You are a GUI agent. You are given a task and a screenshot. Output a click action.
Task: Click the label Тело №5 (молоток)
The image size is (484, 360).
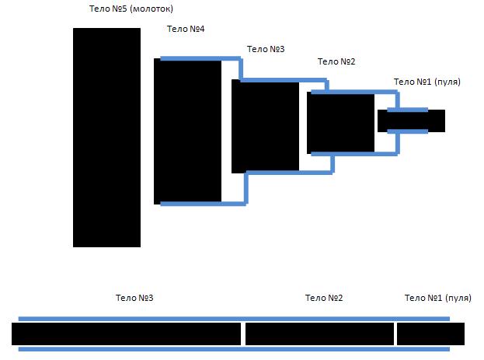(x=131, y=9)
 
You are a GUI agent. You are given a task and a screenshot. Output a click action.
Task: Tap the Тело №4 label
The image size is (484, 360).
(x=186, y=29)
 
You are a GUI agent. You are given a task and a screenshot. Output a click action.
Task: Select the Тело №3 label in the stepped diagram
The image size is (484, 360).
(x=266, y=49)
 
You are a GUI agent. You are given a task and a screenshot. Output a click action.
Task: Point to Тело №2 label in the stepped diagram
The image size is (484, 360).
(x=336, y=61)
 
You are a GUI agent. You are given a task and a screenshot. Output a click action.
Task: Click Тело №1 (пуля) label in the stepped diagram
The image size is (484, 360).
(x=427, y=82)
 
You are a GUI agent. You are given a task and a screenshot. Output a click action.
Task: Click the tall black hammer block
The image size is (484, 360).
(x=106, y=138)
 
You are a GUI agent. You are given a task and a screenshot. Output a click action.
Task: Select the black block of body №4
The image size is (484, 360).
(x=188, y=131)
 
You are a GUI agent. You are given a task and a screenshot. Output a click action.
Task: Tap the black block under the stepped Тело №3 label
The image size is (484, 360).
(x=266, y=126)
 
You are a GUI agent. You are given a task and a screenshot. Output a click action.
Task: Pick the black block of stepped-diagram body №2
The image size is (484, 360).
(x=341, y=123)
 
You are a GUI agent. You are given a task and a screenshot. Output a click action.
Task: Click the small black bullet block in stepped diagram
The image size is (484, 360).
(x=411, y=121)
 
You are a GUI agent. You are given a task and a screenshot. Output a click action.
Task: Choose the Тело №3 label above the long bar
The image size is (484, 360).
(x=134, y=298)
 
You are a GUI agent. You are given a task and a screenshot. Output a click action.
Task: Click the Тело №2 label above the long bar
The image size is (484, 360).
(x=324, y=298)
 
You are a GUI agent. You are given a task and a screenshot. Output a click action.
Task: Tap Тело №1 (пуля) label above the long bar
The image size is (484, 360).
(x=438, y=298)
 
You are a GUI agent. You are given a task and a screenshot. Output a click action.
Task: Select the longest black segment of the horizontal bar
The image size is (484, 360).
(x=127, y=334)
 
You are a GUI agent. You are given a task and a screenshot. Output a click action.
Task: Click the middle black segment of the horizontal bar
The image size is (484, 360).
(x=319, y=334)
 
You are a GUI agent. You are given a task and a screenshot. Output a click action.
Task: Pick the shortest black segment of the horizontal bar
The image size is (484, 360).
(x=430, y=334)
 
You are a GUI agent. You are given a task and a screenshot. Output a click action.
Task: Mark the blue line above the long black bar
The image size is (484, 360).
(x=234, y=319)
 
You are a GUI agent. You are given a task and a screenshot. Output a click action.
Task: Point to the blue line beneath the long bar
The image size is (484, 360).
(x=234, y=349)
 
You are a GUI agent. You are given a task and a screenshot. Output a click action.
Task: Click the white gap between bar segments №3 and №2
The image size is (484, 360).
(x=243, y=334)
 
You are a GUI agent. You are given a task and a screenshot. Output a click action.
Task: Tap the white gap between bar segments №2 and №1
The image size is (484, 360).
(x=395, y=334)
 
